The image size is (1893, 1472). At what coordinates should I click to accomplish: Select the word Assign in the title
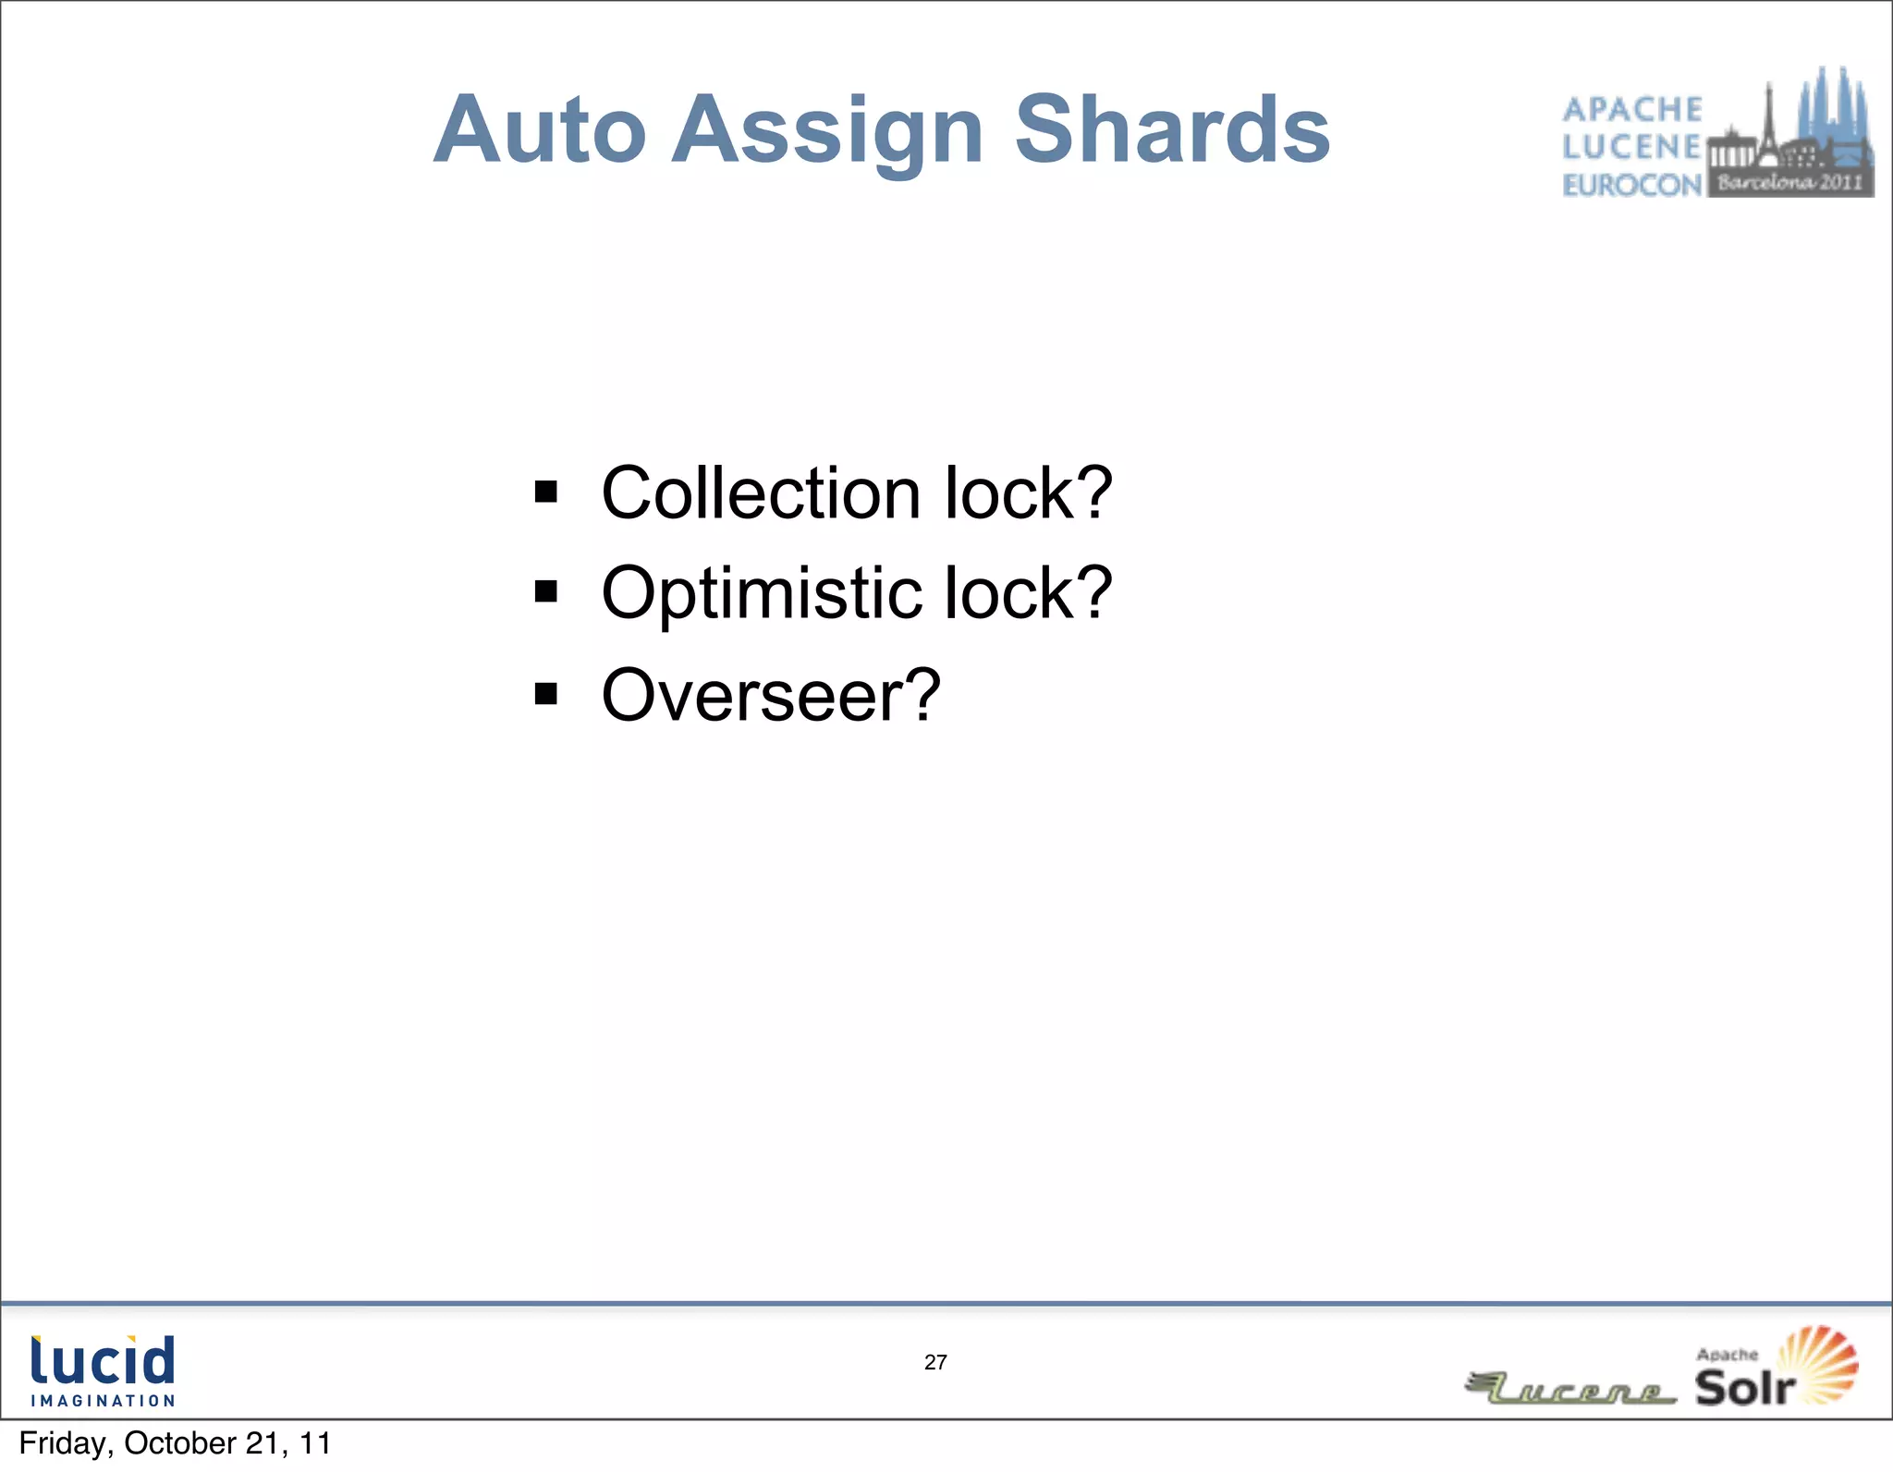826,130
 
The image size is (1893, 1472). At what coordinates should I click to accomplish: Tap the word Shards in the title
1172,130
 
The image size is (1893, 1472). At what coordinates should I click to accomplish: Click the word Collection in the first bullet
761,493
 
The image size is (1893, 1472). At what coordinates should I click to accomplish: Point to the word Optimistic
761,593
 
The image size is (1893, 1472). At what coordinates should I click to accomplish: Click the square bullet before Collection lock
546,492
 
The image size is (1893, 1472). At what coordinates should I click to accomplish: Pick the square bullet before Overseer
546,693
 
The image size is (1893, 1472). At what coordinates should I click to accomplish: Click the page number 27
935,1362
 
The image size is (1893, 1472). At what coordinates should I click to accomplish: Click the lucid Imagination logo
103,1370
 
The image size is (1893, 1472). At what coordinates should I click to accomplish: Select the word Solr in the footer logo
1743,1387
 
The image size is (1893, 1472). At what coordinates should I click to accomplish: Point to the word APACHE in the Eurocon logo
1631,110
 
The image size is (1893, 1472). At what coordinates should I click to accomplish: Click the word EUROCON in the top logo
1631,186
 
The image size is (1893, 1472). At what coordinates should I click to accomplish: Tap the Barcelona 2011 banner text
1789,182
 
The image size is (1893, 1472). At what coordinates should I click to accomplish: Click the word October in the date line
180,1443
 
